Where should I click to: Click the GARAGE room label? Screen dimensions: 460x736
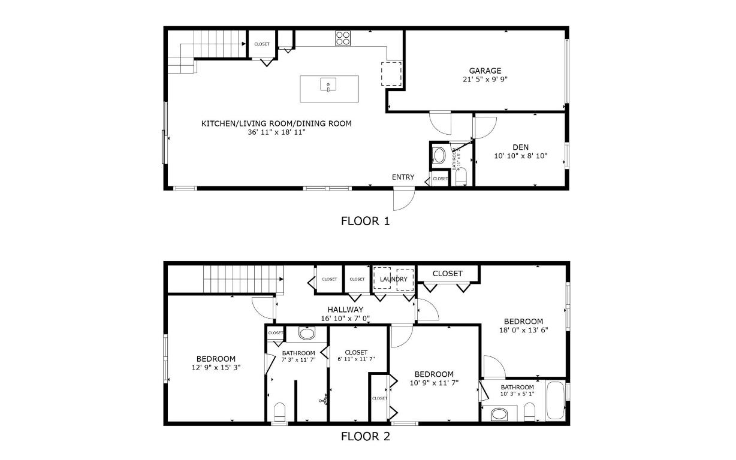click(485, 71)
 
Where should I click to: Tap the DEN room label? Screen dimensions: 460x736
click(520, 147)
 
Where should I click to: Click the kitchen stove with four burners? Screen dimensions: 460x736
click(343, 38)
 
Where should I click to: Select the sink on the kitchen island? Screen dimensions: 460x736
click(328, 85)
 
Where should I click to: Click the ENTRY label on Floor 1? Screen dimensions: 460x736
click(403, 177)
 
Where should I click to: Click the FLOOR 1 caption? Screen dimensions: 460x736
click(365, 221)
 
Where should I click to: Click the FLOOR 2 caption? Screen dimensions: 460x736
click(365, 437)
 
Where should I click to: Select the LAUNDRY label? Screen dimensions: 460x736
click(393, 280)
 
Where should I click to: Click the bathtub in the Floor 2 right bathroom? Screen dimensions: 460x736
click(555, 401)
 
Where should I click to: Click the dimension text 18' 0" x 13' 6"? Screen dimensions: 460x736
click(523, 329)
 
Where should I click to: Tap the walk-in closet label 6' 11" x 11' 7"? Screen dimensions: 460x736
click(356, 359)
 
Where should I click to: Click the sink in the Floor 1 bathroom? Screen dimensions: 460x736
click(439, 157)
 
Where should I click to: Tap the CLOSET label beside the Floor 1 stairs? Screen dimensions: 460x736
click(262, 44)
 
